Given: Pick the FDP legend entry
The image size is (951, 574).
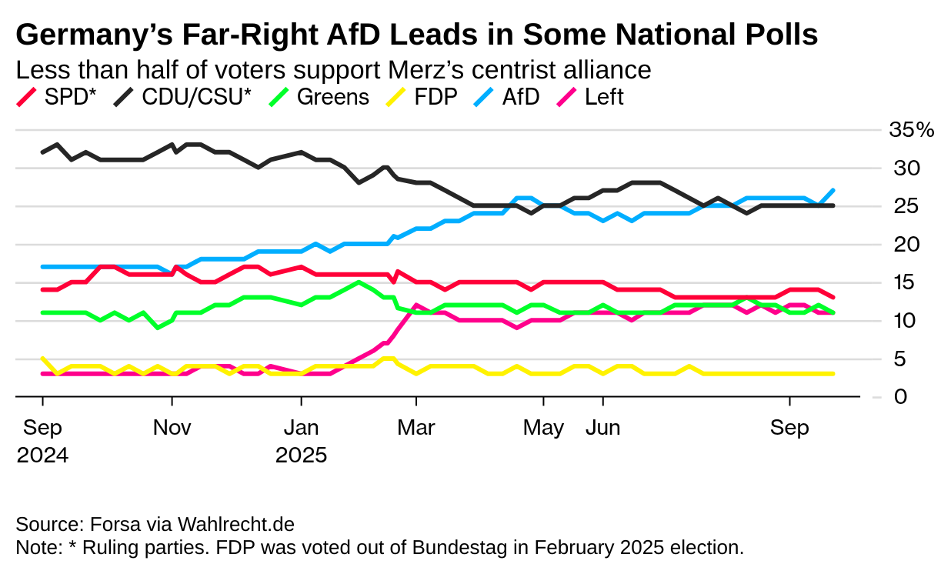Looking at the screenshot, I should tap(435, 98).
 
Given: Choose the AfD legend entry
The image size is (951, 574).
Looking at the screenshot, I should tap(519, 98).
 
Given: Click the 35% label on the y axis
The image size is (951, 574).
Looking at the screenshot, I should tap(911, 130).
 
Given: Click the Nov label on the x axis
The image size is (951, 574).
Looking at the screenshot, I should tap(172, 428).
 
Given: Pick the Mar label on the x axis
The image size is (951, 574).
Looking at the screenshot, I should tap(416, 428).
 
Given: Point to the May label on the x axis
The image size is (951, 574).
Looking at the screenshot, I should tap(543, 428).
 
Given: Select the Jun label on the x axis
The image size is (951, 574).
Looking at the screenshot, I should tap(603, 428).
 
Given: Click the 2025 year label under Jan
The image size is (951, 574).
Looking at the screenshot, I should tap(301, 455).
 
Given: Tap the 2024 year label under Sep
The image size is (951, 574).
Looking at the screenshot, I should tap(42, 455).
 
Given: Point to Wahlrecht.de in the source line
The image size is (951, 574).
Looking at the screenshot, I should tap(236, 525).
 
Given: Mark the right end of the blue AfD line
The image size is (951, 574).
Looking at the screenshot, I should tap(834, 190).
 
